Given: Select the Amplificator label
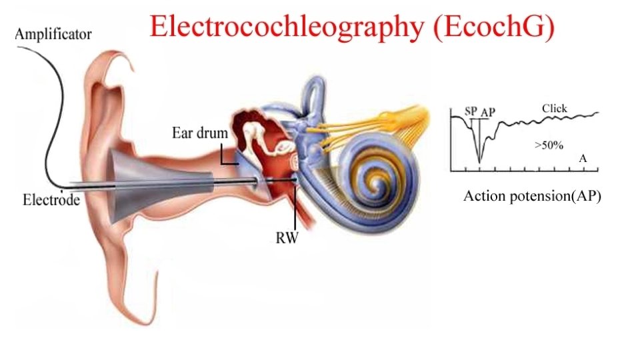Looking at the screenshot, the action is point(53,35).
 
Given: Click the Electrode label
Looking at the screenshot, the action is point(51,199).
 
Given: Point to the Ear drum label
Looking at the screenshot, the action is point(196,133).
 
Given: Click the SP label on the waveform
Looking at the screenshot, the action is point(471,111).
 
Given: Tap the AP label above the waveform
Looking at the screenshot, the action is point(488,113).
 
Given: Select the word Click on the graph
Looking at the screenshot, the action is point(554,108).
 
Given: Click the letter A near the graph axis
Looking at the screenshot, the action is point(583,159).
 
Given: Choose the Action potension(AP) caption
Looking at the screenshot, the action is point(532,196).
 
